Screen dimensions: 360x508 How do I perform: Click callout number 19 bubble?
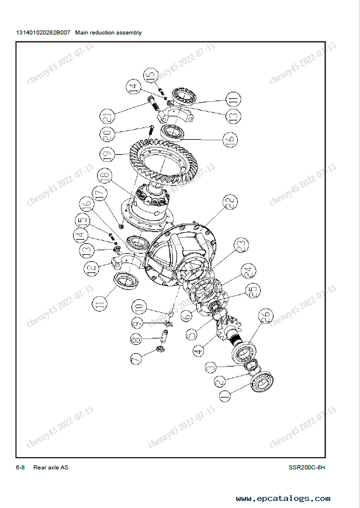click(108, 154)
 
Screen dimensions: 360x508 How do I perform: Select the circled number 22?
click(230, 202)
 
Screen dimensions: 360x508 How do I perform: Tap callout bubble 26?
click(265, 316)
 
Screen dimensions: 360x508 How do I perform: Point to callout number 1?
click(225, 395)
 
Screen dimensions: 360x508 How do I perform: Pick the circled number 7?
click(136, 359)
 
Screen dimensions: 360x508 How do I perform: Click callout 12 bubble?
click(92, 268)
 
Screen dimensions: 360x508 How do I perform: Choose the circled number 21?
click(108, 116)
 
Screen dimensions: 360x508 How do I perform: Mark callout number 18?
click(105, 176)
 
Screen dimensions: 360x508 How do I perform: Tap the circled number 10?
click(139, 307)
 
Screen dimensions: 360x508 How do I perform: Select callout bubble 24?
click(248, 271)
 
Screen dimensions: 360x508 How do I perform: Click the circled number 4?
click(198, 351)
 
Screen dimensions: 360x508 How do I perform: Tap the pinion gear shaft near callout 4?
click(230, 330)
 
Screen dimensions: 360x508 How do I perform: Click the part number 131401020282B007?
click(43, 33)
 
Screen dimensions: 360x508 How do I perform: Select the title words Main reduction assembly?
click(108, 33)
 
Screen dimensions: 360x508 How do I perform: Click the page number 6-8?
click(20, 467)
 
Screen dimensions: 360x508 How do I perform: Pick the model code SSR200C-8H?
click(307, 467)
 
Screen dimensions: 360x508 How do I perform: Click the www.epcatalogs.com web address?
click(283, 498)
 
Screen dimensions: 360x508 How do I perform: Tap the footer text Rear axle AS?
click(51, 467)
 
